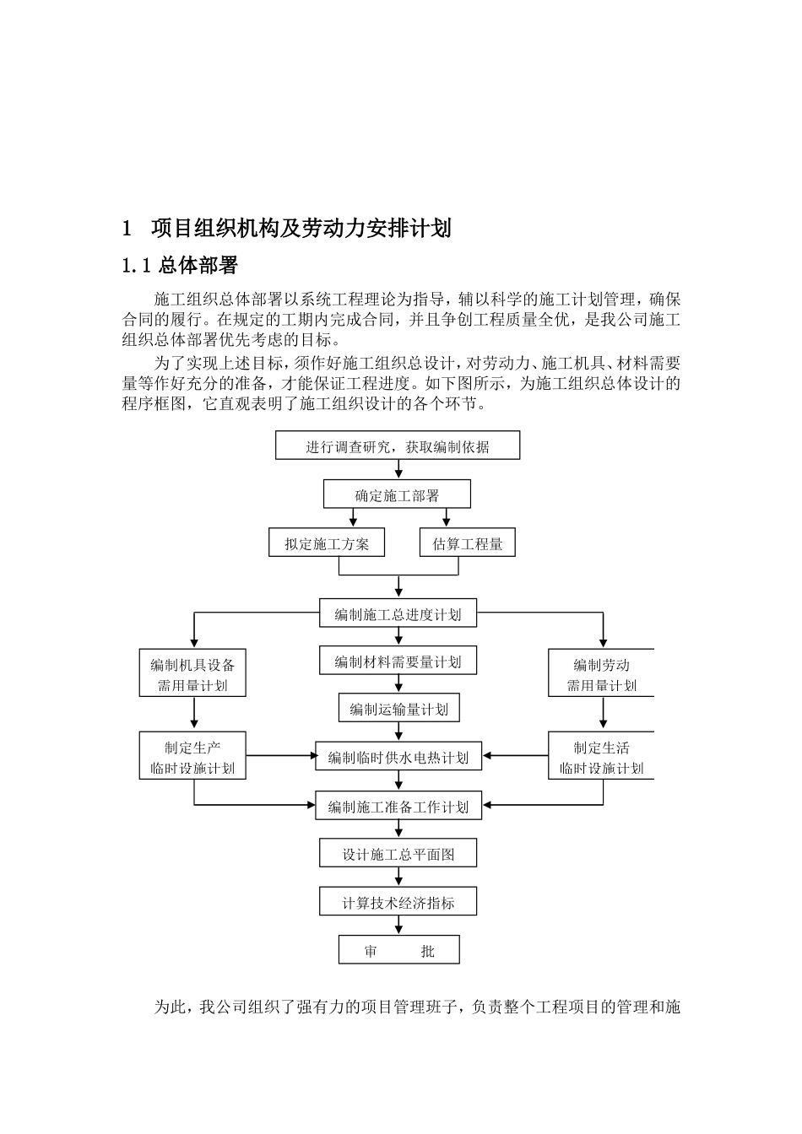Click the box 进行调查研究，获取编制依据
pos(398,445)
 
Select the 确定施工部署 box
pos(398,494)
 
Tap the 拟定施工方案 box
pos(327,543)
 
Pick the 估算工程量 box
pos(468,543)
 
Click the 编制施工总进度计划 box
pos(398,613)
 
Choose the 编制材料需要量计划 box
pos(398,661)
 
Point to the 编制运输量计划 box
pos(398,709)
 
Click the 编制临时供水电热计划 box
pos(398,756)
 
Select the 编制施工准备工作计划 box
pos(398,806)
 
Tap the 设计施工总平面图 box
pos(398,853)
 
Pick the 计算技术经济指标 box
pos(398,902)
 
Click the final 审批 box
pos(398,950)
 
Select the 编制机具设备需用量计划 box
pos(193,673)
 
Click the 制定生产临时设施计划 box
pos(193,756)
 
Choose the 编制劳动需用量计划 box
pos(601,673)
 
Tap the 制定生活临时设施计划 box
pos(601,756)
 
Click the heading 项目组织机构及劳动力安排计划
pos(301,228)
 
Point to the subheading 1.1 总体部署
pos(180,266)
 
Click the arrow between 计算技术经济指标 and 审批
pos(398,926)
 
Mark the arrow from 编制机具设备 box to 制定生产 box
pos(194,714)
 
